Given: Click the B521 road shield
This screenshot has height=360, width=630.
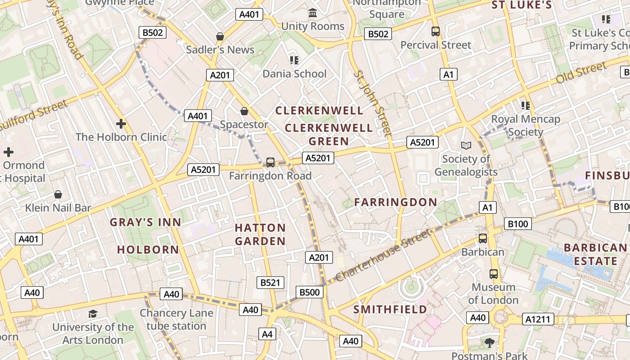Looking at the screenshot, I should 270,283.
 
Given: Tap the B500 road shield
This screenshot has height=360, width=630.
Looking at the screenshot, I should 310,292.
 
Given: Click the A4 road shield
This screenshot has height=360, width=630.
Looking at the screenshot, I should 267,334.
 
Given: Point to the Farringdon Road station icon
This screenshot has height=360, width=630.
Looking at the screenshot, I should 270,162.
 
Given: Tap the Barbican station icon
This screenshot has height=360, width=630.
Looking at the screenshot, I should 483,238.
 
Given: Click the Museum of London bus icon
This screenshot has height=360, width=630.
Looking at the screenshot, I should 494,274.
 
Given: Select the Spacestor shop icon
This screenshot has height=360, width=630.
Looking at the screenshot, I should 244,111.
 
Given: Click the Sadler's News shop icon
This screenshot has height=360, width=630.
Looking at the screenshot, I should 220,36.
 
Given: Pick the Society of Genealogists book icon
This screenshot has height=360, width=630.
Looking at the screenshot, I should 466,145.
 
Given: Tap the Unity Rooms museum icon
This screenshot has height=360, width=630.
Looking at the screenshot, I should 313,13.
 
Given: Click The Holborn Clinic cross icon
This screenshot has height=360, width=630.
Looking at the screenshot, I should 121,123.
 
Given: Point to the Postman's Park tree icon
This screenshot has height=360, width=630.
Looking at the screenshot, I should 490,343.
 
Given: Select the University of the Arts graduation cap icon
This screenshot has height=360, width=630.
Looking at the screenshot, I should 93,314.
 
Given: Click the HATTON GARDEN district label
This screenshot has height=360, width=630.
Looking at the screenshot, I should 260,234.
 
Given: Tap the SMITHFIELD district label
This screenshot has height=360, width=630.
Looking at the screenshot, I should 390,310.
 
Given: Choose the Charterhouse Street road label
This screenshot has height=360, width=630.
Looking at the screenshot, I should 383,255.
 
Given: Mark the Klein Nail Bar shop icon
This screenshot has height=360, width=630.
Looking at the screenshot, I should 58,194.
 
